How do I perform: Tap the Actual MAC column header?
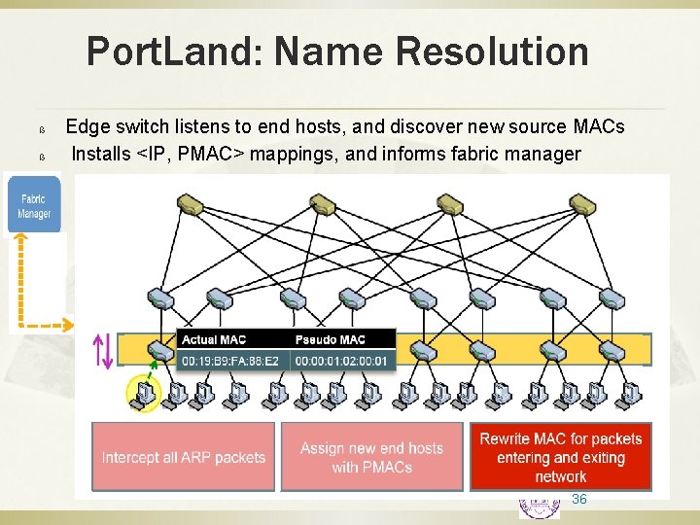(214, 339)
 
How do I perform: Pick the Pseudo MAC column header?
(331, 339)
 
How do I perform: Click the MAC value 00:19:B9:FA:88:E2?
(230, 361)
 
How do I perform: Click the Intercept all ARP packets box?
(184, 457)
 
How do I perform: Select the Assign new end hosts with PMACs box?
(371, 457)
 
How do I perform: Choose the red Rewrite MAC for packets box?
(561, 457)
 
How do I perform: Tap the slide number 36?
(579, 499)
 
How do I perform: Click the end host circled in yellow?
(142, 394)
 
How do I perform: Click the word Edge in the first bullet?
(86, 127)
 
